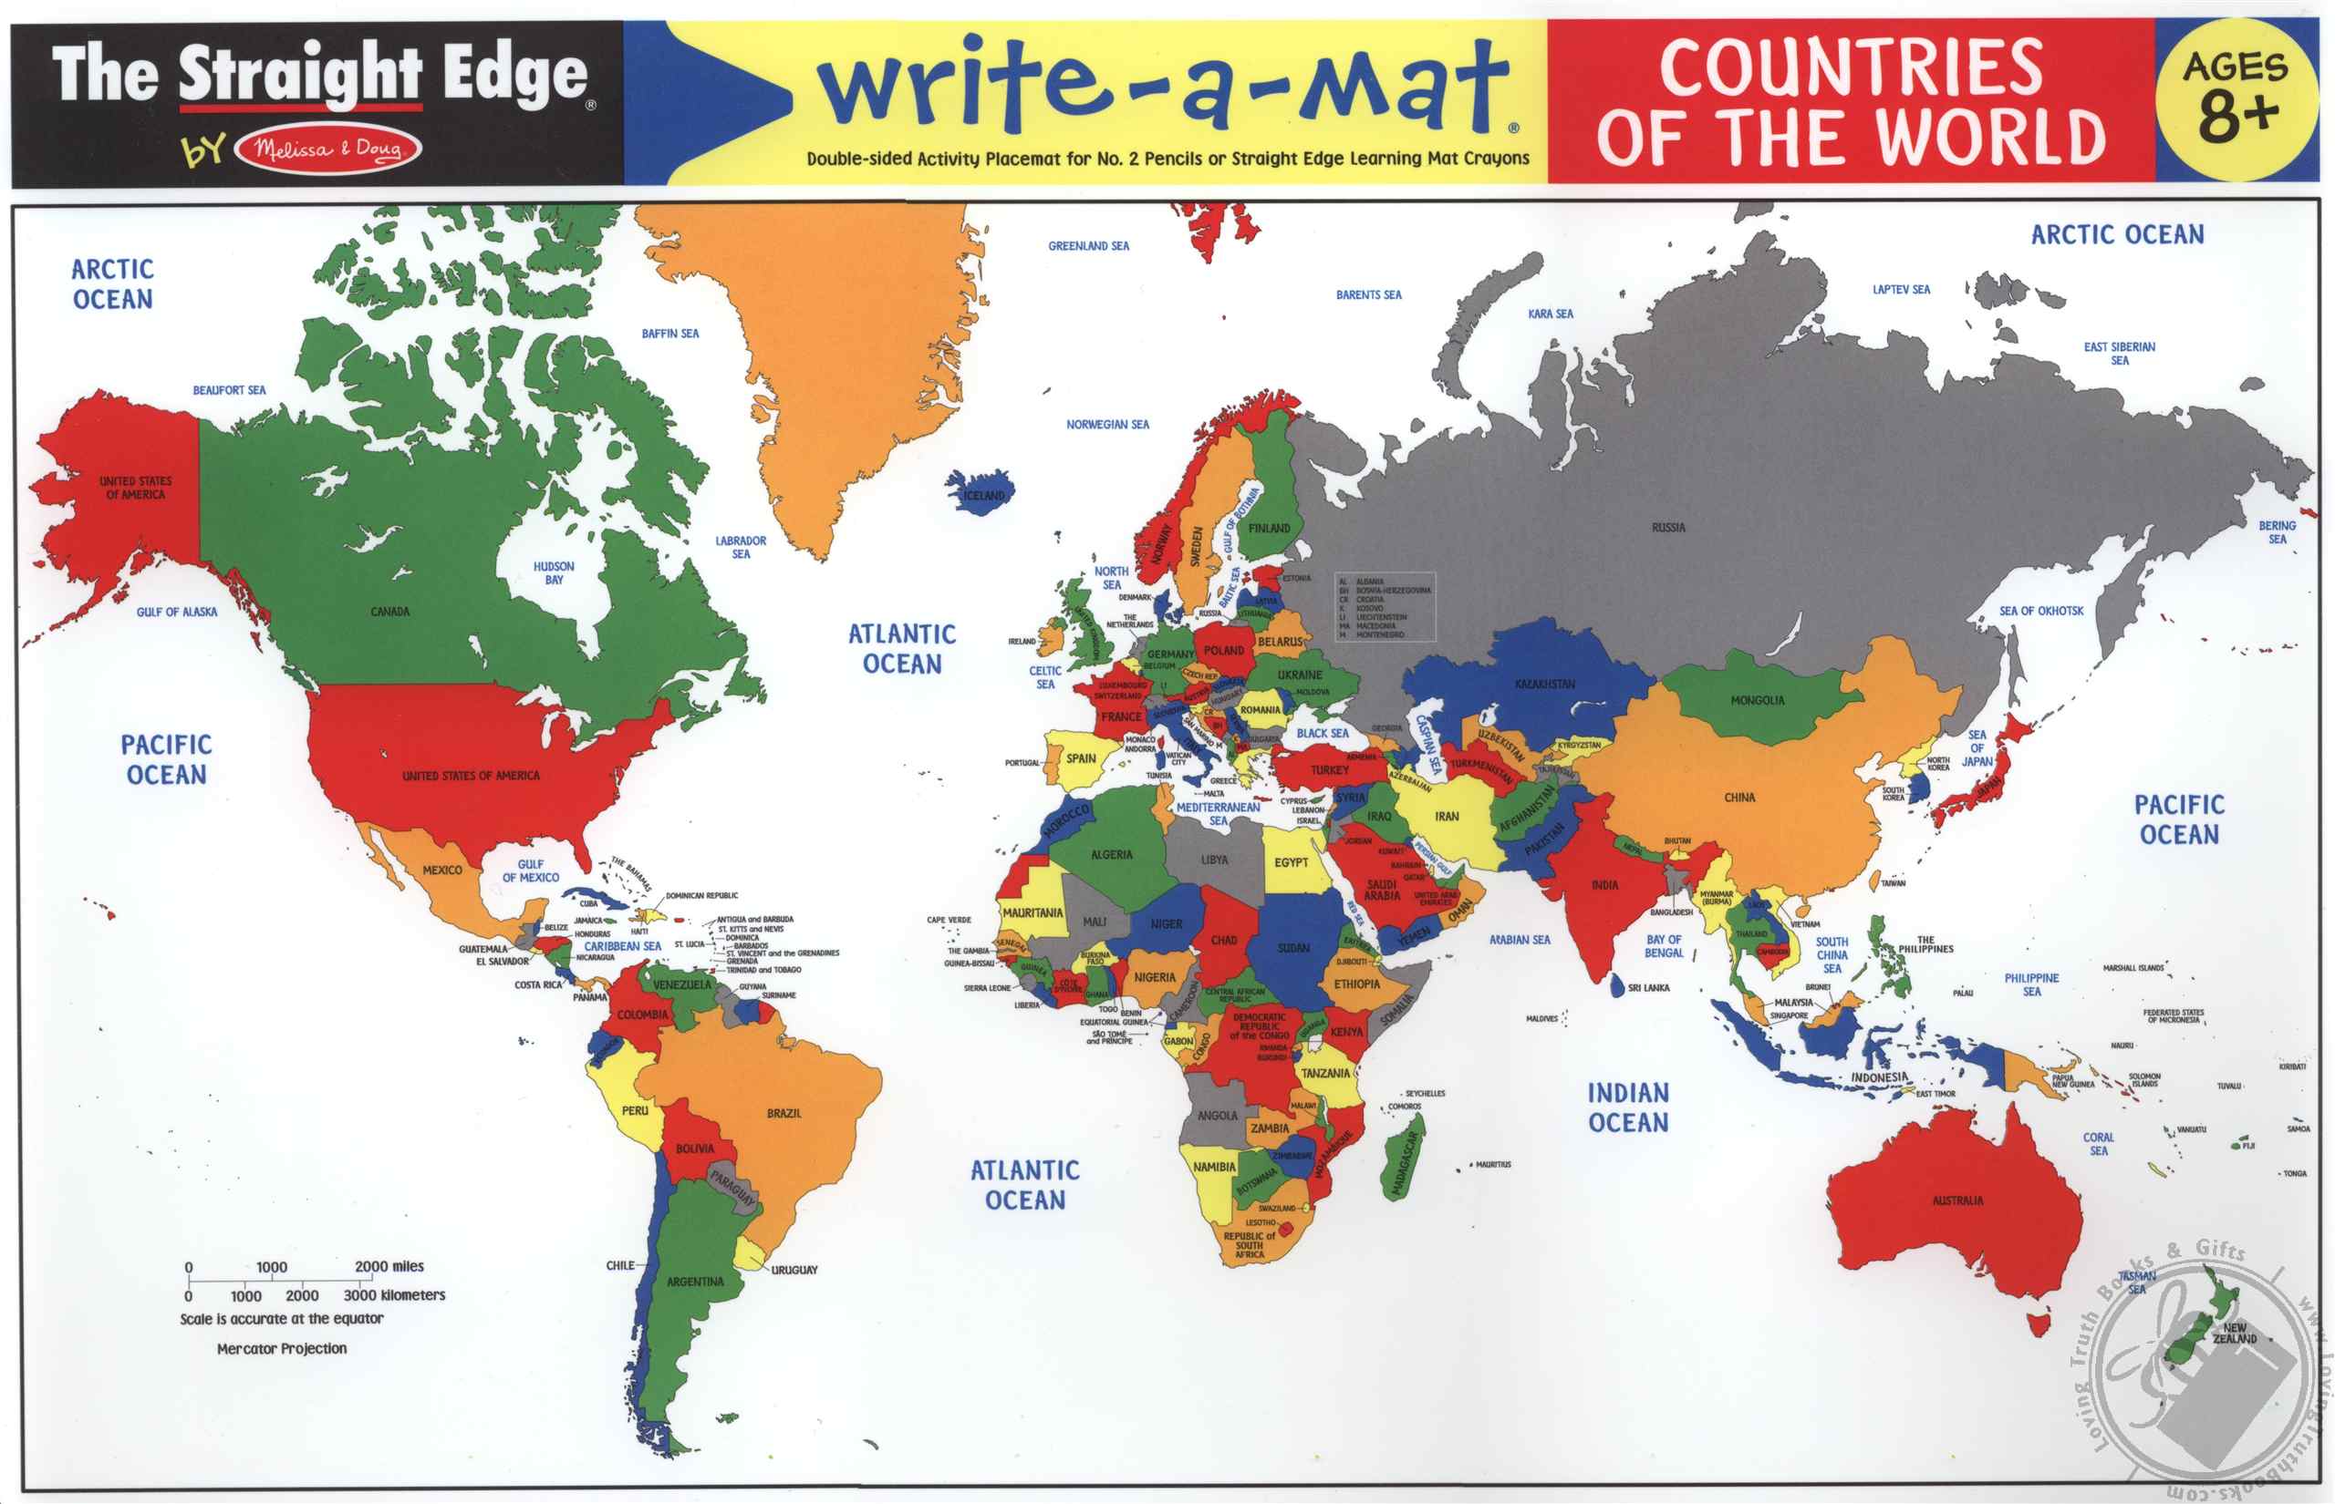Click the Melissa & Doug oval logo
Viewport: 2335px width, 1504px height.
tap(327, 149)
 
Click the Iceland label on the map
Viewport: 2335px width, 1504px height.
tap(984, 495)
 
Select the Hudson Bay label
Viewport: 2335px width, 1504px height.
tap(554, 573)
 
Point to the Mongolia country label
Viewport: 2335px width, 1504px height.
tap(1757, 700)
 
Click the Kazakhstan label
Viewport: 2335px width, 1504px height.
tap(1544, 684)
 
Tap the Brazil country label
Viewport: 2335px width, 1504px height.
tap(784, 1113)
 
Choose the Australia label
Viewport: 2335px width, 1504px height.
tap(1956, 1200)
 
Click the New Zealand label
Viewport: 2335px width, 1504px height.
tap(2234, 1333)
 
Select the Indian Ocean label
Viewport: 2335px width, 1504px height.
tap(1628, 1107)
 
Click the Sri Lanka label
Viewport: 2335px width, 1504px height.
tap(1648, 987)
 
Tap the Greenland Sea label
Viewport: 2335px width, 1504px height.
tap(1088, 246)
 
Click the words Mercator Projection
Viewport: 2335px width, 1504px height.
tap(281, 1349)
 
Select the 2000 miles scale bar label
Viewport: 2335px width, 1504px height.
tap(389, 1267)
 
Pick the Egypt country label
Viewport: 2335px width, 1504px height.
tap(1291, 862)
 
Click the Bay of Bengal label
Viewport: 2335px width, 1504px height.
tap(1664, 946)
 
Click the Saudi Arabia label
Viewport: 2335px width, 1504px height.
tap(1382, 890)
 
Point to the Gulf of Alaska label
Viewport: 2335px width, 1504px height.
tap(177, 613)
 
